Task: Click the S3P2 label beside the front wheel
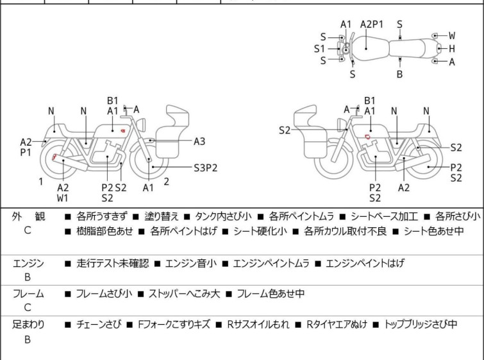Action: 206,167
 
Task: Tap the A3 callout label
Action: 199,142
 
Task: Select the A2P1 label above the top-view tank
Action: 372,24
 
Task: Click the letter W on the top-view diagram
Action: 452,35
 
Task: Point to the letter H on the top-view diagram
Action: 452,49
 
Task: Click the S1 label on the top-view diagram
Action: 319,49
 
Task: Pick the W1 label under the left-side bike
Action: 63,198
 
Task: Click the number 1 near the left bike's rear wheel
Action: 41,182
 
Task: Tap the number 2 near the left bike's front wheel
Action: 167,182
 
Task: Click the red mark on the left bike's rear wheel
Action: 54,157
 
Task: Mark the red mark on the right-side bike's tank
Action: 367,137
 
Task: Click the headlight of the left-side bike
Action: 142,125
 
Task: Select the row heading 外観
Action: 28,216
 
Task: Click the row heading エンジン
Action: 28,263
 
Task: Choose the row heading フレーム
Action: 28,293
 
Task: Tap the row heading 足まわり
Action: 28,325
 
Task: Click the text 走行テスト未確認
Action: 113,263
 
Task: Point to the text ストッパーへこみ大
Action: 184,293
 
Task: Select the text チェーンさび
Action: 98,325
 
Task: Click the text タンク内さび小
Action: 223,216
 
